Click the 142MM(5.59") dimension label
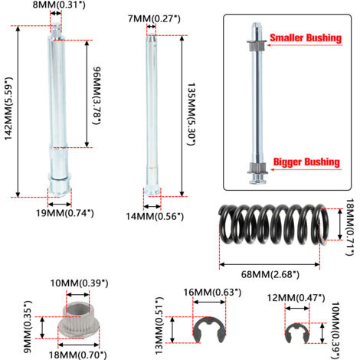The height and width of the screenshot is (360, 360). click(x=8, y=109)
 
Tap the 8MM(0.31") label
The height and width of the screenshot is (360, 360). click(x=59, y=5)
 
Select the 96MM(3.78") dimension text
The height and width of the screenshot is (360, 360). click(x=97, y=96)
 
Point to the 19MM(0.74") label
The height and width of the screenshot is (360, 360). click(x=65, y=213)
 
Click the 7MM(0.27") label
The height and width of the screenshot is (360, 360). click(x=154, y=18)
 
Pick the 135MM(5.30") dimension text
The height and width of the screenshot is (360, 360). click(x=191, y=114)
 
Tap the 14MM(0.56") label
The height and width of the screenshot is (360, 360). click(x=155, y=217)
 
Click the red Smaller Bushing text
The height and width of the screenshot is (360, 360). click(x=306, y=38)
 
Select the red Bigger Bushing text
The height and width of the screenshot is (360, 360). click(x=306, y=162)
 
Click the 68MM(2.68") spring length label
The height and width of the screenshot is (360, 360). click(x=270, y=274)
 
